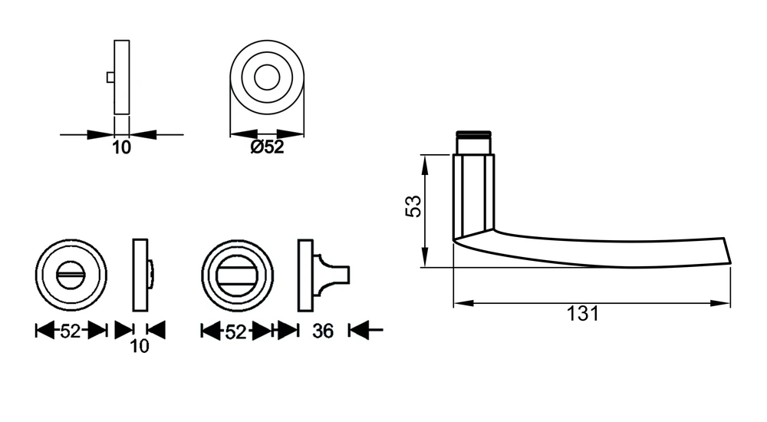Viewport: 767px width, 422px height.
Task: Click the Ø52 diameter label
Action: (x=267, y=147)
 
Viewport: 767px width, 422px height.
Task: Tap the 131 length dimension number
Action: (x=583, y=314)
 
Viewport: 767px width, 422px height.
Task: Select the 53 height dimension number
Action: (x=413, y=206)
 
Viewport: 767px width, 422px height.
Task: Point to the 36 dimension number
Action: (x=323, y=331)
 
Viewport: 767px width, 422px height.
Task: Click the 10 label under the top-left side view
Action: (x=122, y=147)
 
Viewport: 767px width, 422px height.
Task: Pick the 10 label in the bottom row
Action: (x=140, y=347)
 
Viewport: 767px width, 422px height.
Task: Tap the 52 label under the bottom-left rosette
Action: (x=70, y=331)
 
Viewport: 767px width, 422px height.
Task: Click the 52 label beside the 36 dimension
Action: (x=235, y=332)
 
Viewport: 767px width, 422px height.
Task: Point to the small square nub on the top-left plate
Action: (x=110, y=77)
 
